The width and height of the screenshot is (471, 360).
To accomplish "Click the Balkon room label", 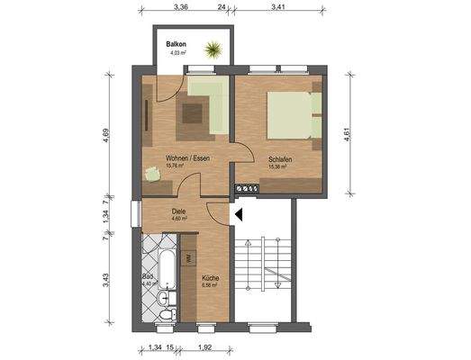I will pos(175,44).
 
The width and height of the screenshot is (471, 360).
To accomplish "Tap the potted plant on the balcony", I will pos(214,49).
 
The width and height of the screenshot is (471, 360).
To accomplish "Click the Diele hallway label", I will pos(178,212).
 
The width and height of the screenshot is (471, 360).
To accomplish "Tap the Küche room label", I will pos(210,278).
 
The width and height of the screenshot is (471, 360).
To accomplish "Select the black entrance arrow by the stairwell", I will pos(240,213).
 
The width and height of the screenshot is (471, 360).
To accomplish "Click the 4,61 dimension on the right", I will pos(346,135).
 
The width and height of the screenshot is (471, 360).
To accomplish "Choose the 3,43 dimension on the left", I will pos(106,278).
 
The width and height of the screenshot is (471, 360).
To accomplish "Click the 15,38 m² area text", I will pos(276,166).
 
